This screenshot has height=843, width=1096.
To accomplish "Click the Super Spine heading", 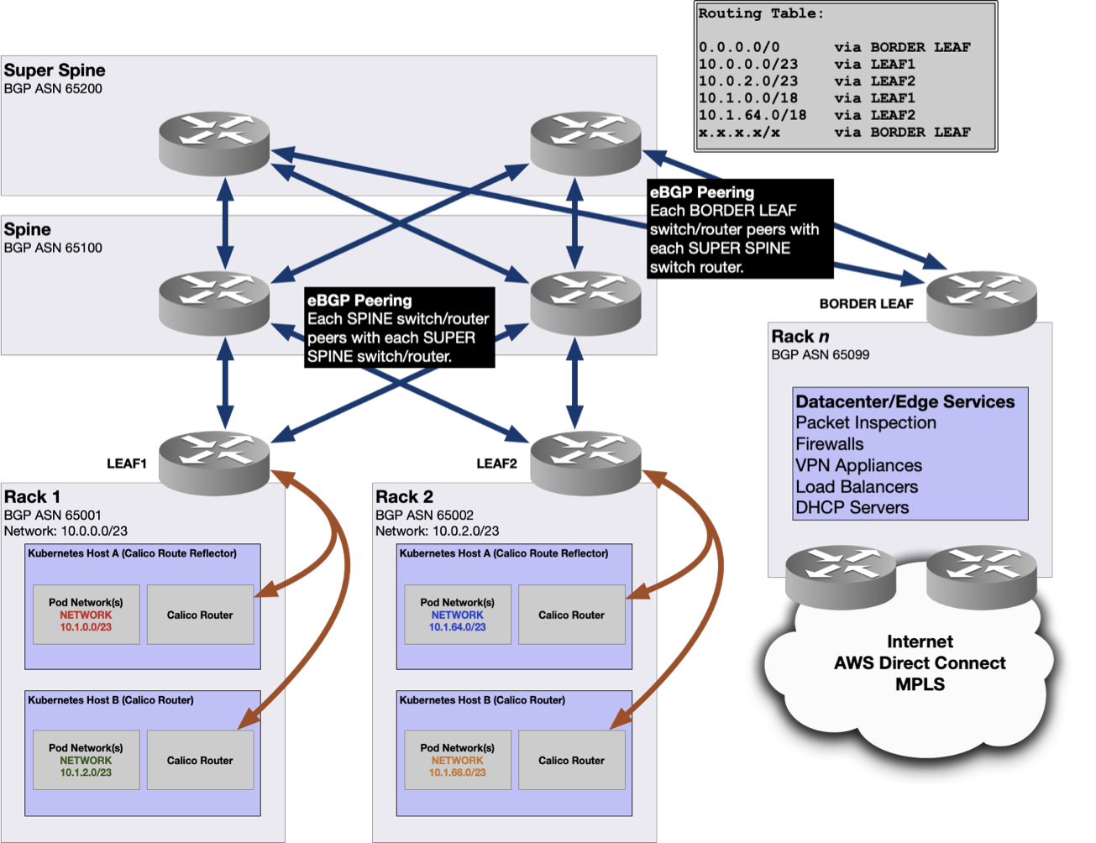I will tap(55, 71).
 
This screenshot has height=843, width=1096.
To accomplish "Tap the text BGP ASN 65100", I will tap(53, 248).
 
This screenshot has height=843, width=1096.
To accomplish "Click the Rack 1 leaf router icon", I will tap(214, 458).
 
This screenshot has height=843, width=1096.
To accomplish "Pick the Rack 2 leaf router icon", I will tap(585, 458).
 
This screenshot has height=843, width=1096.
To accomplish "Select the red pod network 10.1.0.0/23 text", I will tap(86, 626).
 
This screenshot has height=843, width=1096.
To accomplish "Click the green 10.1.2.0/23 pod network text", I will tap(86, 772).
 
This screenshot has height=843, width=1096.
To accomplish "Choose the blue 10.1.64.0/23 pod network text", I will tap(457, 626).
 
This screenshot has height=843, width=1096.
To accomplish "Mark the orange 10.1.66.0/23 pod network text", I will tap(457, 772).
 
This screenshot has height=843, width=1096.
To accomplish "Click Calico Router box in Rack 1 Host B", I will tap(200, 761).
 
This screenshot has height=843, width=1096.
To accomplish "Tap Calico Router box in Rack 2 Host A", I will tap(571, 615).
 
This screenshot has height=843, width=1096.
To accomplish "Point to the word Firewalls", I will tap(829, 444).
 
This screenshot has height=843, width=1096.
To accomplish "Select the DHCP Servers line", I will tap(852, 508).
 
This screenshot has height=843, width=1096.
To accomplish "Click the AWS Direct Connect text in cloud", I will tap(920, 663).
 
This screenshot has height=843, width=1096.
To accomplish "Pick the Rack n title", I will tap(794, 337).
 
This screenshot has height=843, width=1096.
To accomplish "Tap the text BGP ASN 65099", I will tap(821, 354).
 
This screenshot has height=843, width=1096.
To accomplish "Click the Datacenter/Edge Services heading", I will tap(905, 401).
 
